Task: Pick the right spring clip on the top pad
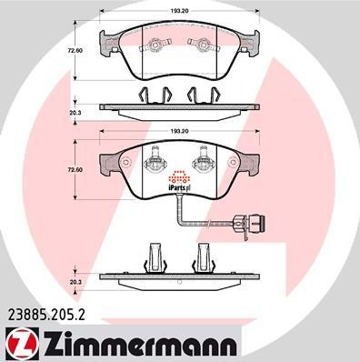199,45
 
